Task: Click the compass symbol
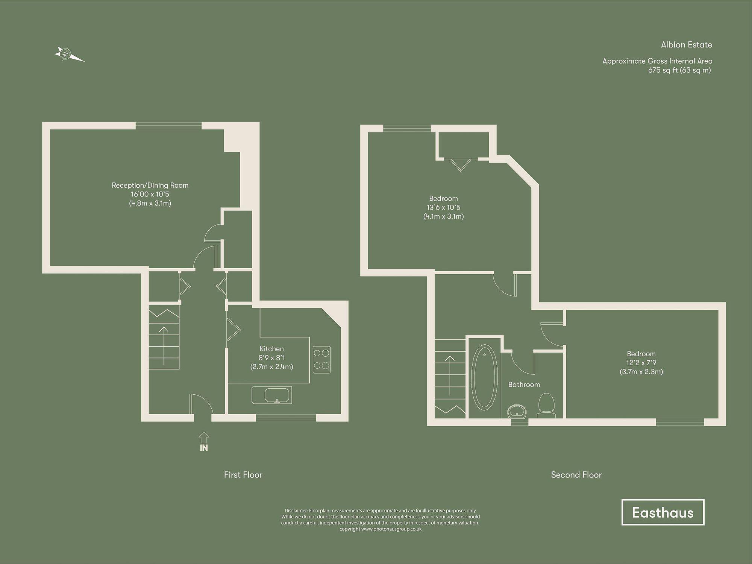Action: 68,54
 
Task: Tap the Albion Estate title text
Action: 686,45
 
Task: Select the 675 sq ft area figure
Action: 679,70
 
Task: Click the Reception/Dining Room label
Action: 150,185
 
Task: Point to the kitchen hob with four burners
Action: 321,359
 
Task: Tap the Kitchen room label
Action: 271,349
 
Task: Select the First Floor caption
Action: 243,475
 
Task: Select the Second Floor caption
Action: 576,475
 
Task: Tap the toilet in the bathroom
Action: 546,405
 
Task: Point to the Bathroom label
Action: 524,385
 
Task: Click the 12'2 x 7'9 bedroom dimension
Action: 641,363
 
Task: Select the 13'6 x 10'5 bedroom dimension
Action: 443,207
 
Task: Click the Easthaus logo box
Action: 663,512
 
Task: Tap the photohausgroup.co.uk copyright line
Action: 380,529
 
